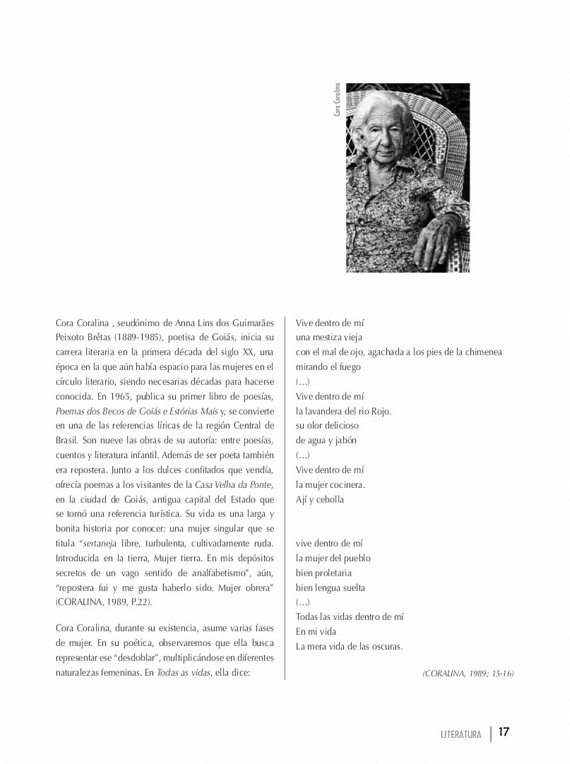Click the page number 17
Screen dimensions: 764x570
point(504,732)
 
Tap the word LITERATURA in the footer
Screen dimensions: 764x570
point(461,734)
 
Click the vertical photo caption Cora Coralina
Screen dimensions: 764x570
point(337,100)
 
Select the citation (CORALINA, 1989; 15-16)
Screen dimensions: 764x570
point(468,673)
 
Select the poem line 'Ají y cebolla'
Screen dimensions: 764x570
point(319,499)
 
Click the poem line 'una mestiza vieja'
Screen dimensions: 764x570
point(329,337)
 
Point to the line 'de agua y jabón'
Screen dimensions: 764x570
point(326,440)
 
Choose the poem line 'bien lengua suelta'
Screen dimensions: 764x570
point(330,588)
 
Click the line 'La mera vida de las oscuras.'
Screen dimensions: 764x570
point(349,647)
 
